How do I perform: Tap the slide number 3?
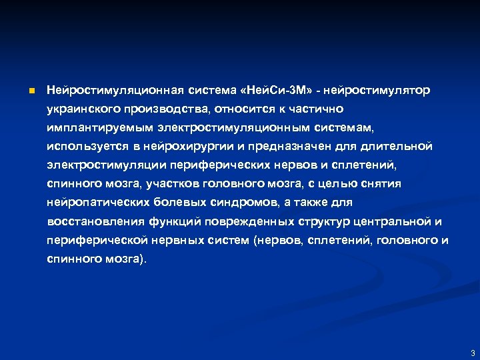coord(472,353)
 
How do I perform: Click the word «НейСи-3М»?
coord(274,89)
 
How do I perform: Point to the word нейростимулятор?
coord(377,89)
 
